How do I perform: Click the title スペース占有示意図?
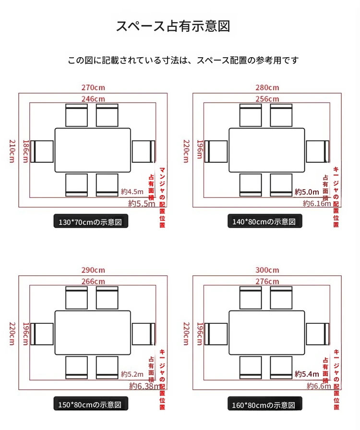(173, 26)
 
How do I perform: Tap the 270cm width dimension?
(93, 87)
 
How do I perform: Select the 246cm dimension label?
(93, 98)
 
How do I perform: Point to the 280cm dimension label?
(267, 87)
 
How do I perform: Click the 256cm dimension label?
(267, 98)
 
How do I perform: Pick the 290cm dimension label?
(93, 270)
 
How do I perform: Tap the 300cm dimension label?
(267, 270)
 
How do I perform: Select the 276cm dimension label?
(267, 282)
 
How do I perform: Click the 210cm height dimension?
(12, 151)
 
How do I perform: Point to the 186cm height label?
(25, 151)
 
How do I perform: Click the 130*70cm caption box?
(91, 221)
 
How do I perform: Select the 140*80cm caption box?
(264, 221)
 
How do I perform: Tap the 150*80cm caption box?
(91, 404)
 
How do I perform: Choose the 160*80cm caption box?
(264, 404)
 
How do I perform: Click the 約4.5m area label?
(132, 191)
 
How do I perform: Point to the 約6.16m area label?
(317, 203)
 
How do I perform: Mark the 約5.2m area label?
(132, 374)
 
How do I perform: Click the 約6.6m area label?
(319, 386)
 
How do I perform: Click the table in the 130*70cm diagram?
(93, 150)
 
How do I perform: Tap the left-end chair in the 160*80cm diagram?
(216, 334)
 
